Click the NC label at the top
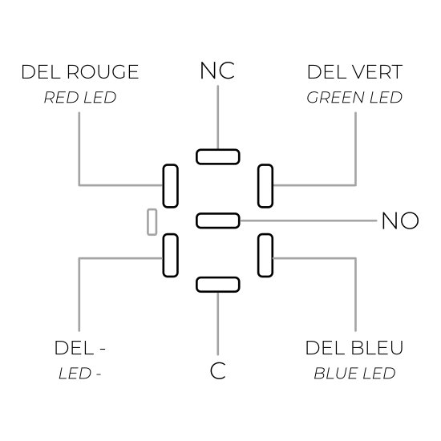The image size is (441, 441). click(217, 71)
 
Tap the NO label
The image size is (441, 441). click(400, 220)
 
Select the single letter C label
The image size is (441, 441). click(217, 370)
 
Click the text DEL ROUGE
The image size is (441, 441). click(80, 71)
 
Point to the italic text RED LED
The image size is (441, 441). click(80, 97)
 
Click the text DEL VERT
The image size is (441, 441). click(355, 72)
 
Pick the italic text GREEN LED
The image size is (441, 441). click(354, 97)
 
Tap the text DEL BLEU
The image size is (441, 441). click(354, 348)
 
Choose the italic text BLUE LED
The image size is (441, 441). click(354, 373)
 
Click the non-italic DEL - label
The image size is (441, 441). click(80, 348)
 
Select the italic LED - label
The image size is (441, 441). click(80, 374)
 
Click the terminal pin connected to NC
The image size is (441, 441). click(218, 156)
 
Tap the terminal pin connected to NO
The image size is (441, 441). click(218, 220)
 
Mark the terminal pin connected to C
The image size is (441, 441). click(218, 285)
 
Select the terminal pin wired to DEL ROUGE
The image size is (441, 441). click(171, 186)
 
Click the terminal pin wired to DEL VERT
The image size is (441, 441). click(265, 186)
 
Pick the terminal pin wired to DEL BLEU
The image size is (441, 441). click(265, 255)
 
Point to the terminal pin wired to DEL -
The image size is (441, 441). click(171, 255)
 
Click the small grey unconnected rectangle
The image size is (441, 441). click(152, 222)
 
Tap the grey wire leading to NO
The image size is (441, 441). click(308, 220)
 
